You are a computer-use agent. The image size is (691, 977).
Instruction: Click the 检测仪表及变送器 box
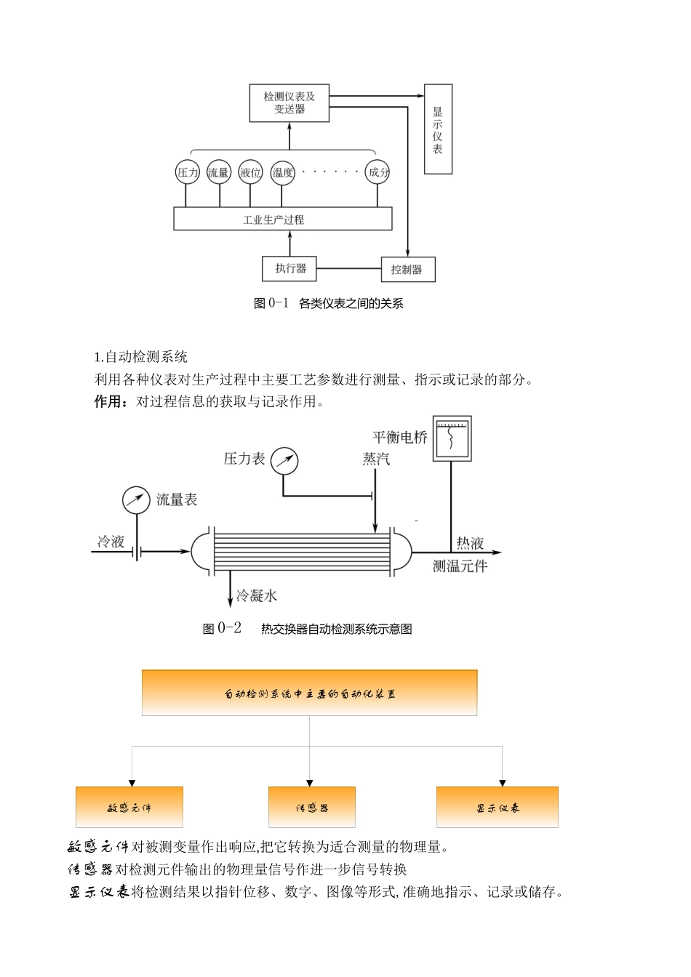pyautogui.click(x=289, y=103)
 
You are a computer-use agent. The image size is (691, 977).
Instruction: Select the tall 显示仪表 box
pyautogui.click(x=438, y=129)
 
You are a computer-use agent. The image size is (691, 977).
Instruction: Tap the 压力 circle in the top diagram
pyautogui.click(x=188, y=172)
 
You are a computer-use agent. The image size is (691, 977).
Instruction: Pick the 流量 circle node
pyautogui.click(x=218, y=172)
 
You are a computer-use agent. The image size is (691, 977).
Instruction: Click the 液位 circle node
pyautogui.click(x=250, y=172)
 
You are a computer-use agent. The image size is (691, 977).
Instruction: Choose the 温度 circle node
pyautogui.click(x=282, y=172)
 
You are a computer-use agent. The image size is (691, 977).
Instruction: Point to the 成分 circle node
pyautogui.click(x=378, y=172)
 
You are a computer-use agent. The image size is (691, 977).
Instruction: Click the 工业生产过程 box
pyautogui.click(x=282, y=219)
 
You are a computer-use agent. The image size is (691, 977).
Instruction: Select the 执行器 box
pyautogui.click(x=289, y=268)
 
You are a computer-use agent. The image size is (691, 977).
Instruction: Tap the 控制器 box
pyautogui.click(x=407, y=270)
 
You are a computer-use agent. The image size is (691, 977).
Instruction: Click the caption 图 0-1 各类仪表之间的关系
pyautogui.click(x=328, y=303)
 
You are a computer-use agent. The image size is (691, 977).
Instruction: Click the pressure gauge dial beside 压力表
pyautogui.click(x=284, y=461)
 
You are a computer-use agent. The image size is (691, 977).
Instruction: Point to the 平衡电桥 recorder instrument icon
pyautogui.click(x=452, y=438)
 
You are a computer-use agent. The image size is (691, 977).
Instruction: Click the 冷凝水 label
pyautogui.click(x=256, y=596)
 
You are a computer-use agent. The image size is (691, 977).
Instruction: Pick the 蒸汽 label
pyautogui.click(x=376, y=459)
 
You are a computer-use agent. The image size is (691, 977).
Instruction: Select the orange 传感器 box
pyautogui.click(x=311, y=807)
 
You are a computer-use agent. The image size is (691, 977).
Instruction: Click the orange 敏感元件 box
pyautogui.click(x=129, y=807)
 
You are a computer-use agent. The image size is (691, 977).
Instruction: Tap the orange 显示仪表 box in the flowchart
pyautogui.click(x=497, y=807)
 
